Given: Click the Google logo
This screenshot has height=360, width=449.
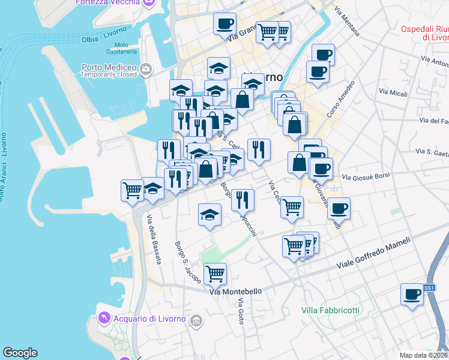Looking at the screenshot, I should tap(20, 353).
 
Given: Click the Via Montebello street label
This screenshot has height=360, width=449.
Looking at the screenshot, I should tap(235, 292).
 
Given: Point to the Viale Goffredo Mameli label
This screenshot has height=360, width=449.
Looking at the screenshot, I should tap(373, 253).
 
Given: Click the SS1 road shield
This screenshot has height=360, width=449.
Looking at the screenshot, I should tap(429, 288).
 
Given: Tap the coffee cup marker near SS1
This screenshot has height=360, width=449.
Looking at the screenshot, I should tap(412, 295).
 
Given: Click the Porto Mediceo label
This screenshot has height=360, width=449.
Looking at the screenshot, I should tap(112, 67).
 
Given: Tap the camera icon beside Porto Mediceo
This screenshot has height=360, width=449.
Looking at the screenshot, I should tap(145, 71).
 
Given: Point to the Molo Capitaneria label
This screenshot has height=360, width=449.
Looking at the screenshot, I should tap(121, 49).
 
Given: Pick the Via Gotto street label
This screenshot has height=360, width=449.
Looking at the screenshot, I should tap(241, 312).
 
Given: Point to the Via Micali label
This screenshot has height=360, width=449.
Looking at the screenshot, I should tap(393, 93).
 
